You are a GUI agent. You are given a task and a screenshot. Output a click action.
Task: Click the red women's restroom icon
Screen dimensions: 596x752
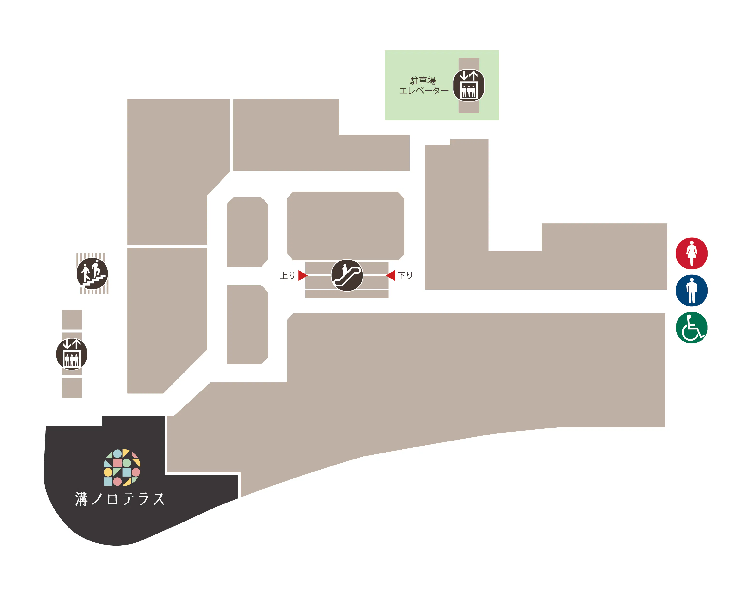point(691,253)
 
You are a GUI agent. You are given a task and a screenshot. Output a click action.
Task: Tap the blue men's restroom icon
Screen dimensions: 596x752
point(691,290)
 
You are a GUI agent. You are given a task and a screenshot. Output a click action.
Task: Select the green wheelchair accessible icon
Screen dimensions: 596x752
point(691,328)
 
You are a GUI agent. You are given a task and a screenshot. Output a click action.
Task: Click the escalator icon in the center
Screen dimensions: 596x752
point(347,275)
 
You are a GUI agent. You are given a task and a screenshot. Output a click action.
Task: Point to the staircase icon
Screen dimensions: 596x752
point(92,273)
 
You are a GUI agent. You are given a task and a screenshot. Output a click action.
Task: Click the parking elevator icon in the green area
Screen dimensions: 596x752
point(468,86)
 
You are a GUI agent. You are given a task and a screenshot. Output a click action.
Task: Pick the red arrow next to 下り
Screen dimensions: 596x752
point(391,275)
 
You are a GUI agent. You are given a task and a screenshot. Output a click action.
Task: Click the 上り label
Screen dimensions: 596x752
point(287,276)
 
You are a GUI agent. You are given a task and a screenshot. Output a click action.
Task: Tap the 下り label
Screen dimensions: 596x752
point(405,276)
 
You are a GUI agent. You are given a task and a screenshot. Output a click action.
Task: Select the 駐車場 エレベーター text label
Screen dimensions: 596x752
point(423,86)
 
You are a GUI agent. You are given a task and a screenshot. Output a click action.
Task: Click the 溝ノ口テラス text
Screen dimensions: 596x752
point(120,499)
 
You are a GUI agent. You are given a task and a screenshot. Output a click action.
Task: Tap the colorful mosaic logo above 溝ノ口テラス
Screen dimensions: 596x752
point(122,468)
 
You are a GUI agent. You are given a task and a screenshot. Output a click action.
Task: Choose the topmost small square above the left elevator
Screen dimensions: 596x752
point(72,319)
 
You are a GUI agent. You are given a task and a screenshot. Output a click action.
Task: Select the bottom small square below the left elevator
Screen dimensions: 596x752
point(72,388)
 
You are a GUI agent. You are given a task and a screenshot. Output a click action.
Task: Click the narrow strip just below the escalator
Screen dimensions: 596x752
point(347,294)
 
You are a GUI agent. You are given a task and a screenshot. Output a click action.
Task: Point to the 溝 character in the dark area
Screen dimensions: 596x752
point(81,499)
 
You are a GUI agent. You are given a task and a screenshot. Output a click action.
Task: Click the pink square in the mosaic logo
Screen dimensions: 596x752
point(117,463)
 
